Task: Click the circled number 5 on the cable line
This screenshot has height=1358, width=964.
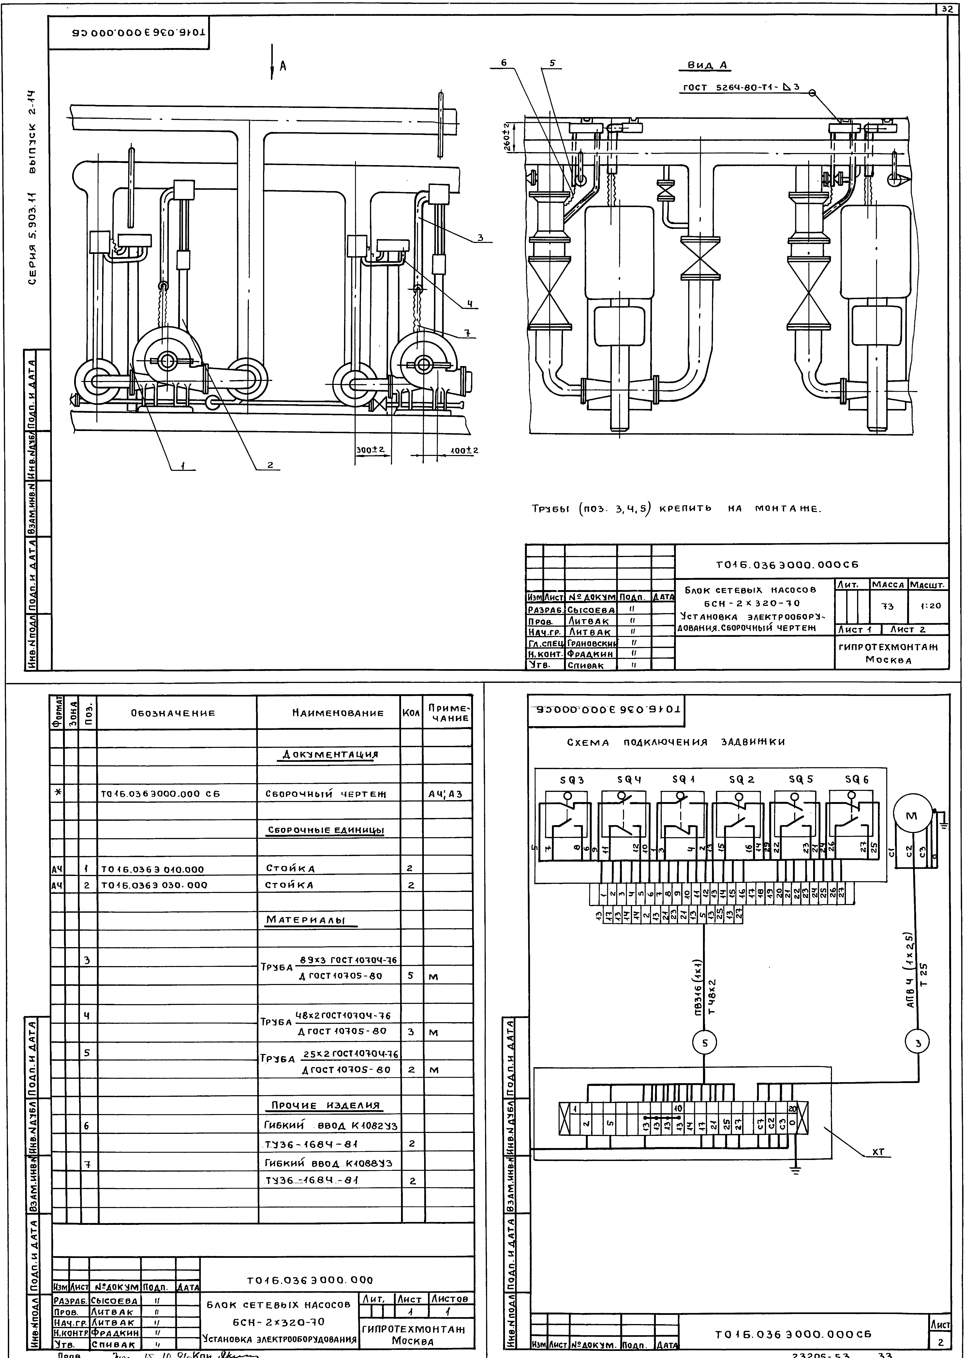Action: tap(705, 1041)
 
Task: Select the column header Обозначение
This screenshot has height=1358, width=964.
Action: tap(173, 713)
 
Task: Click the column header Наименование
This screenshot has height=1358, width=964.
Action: tap(330, 713)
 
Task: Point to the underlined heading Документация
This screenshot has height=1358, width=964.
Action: tap(330, 754)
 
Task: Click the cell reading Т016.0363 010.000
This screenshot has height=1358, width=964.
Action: tap(152, 869)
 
